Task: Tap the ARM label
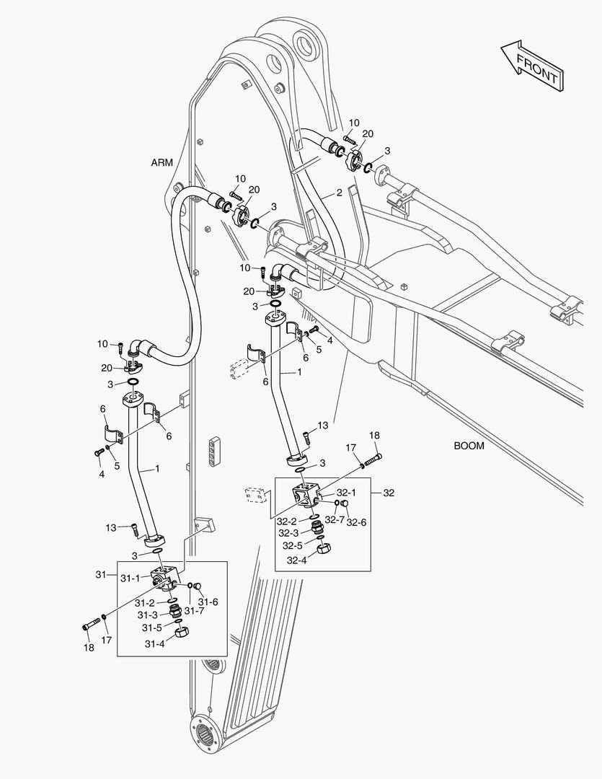tap(161, 162)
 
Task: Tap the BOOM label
tap(469, 446)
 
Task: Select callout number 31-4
tap(155, 644)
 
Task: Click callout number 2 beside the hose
tap(338, 193)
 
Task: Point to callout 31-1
tap(130, 578)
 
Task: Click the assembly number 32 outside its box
tap(389, 493)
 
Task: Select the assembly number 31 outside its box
tap(100, 574)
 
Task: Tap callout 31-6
tap(208, 602)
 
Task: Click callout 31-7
tap(194, 611)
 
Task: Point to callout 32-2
tap(288, 520)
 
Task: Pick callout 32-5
tap(292, 545)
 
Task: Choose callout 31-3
tap(149, 615)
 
